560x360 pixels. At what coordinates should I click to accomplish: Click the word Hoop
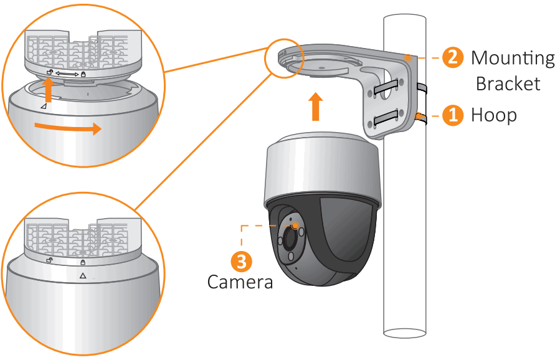point(493,115)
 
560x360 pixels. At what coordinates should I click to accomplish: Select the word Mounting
point(512,58)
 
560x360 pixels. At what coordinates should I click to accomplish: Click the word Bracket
point(508,83)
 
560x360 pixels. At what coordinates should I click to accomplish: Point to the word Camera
point(240,282)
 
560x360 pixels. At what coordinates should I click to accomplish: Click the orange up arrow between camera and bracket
point(316,107)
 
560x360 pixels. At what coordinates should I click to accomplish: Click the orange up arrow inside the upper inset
point(48,88)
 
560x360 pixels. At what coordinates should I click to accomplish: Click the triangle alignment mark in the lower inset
point(82,275)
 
